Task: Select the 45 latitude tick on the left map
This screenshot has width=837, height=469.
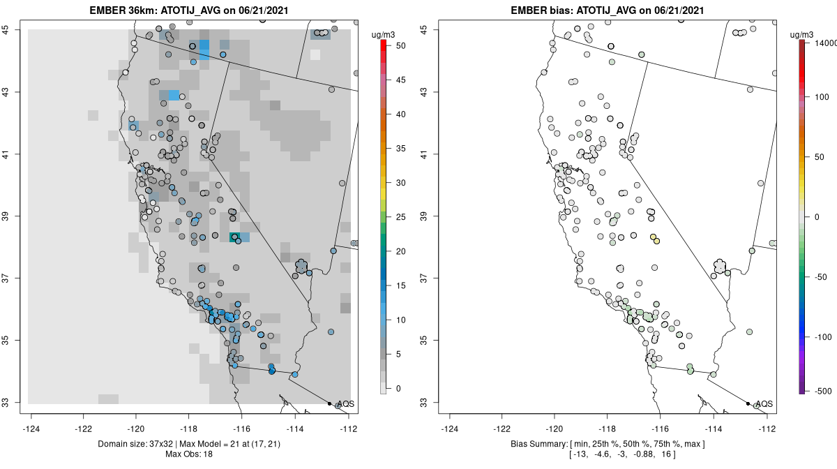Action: click(15, 29)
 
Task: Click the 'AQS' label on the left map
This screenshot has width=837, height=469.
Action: click(345, 404)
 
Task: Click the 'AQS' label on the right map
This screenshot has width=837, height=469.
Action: click(764, 404)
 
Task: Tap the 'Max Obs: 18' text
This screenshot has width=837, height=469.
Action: click(189, 454)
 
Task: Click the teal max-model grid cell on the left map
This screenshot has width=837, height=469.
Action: click(235, 237)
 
